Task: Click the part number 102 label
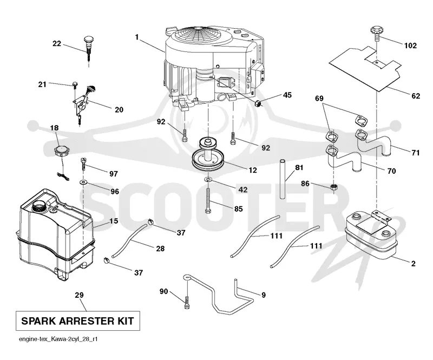pos(410,45)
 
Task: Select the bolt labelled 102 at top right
pos(376,32)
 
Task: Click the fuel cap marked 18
pos(61,152)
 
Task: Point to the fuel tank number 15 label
pos(114,221)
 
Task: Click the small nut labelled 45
pos(258,104)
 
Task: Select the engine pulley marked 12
pos(208,156)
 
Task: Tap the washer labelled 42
pos(208,180)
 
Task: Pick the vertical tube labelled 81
pos(282,179)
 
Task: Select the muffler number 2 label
pos(413,264)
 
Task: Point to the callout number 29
pos(79,295)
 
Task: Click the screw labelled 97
pos(83,164)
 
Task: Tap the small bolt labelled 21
pos(75,84)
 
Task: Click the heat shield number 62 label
pos(416,96)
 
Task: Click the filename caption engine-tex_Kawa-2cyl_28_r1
pos(58,339)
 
